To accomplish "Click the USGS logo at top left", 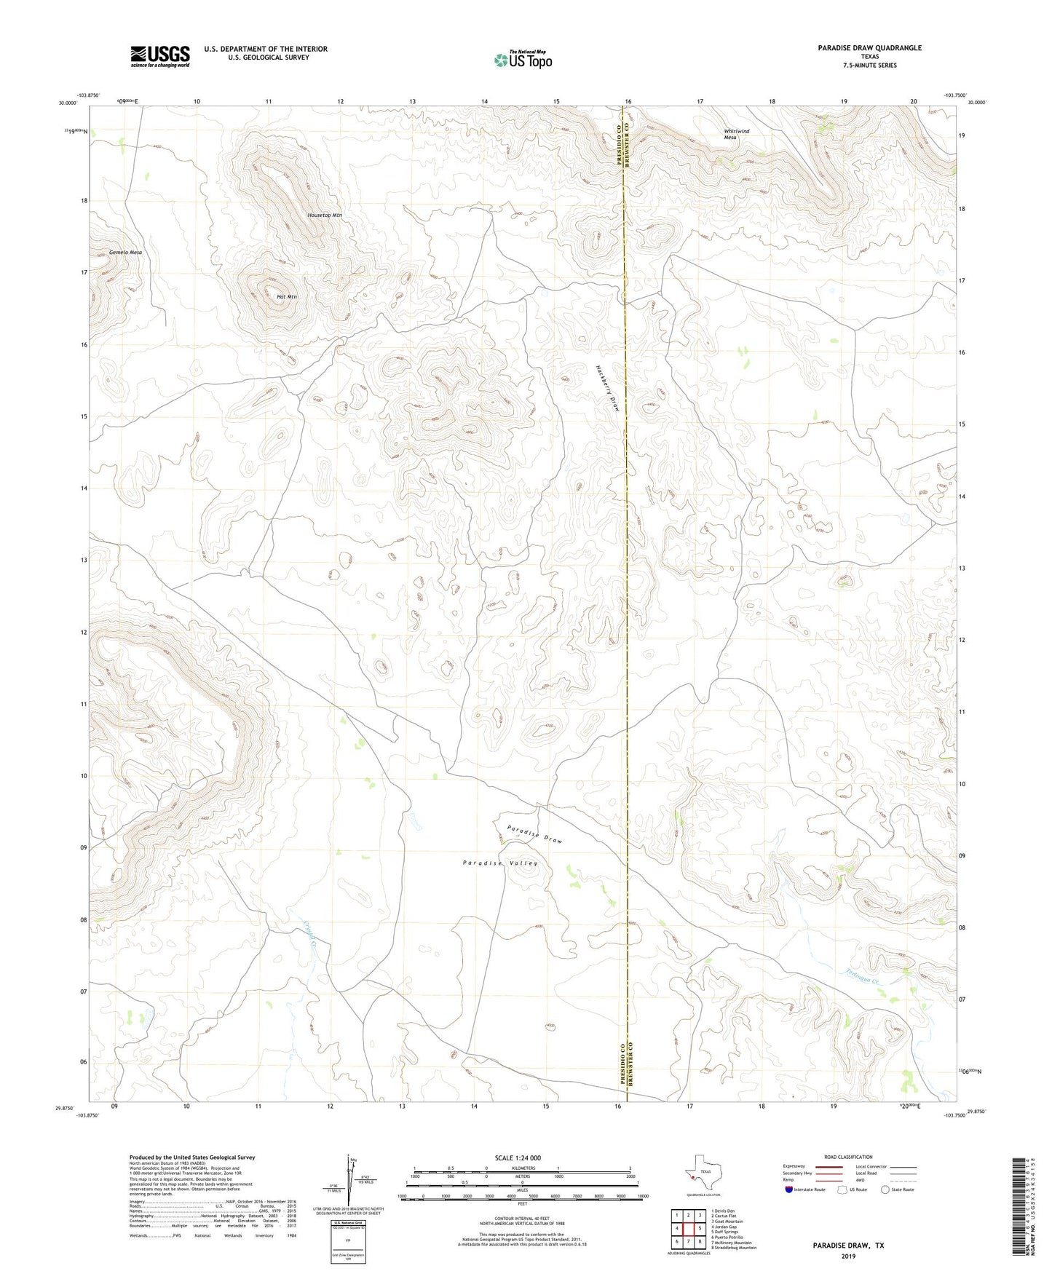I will pos(159,56).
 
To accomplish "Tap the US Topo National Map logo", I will pos(523,59).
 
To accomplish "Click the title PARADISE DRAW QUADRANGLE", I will pos(869,48).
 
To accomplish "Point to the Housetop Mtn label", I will pos(324,215).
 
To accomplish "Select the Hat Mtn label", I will pos(287,297).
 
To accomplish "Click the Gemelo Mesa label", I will pos(125,253).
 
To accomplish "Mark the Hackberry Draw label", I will pos(608,388).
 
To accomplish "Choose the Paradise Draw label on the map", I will pos(535,834).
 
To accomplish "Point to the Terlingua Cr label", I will pos(864,978).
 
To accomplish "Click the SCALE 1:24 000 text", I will pos(518,1157).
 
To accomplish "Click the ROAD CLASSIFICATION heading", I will pos(848,1157).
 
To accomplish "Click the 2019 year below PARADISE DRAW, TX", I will pos(848,1256).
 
